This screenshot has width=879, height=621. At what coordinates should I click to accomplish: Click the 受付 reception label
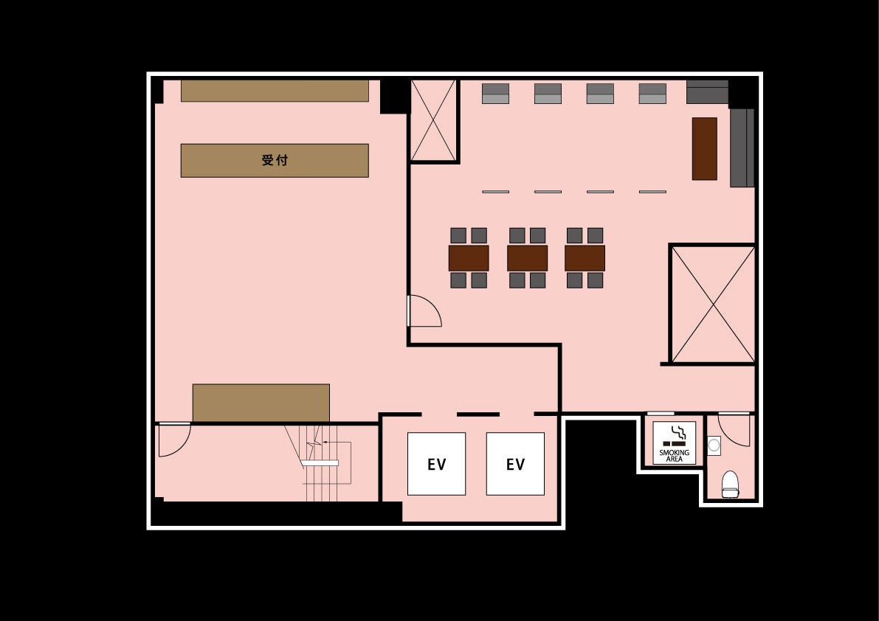tap(275, 160)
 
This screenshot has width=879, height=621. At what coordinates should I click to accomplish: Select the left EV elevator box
tap(436, 464)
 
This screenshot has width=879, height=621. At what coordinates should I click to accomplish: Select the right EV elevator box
tap(515, 464)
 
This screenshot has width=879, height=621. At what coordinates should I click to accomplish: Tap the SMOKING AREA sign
tap(674, 443)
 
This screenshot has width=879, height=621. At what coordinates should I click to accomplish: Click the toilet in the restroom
tap(730, 485)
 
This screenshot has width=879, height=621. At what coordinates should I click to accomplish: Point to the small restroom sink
tap(714, 445)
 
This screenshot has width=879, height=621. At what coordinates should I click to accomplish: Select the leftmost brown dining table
tap(469, 258)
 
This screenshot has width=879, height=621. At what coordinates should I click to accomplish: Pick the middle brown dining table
tap(527, 258)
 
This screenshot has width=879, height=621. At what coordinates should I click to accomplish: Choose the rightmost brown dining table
tap(585, 258)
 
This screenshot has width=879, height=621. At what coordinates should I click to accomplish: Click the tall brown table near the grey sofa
tap(705, 148)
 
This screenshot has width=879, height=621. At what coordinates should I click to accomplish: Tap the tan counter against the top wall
tap(275, 91)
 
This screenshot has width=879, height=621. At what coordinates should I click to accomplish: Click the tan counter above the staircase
tap(261, 403)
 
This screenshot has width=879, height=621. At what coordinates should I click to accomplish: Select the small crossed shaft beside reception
tap(433, 120)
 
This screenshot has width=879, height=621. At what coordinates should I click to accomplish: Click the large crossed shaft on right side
tap(713, 304)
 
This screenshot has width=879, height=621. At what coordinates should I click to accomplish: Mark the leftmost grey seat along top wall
tap(495, 94)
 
